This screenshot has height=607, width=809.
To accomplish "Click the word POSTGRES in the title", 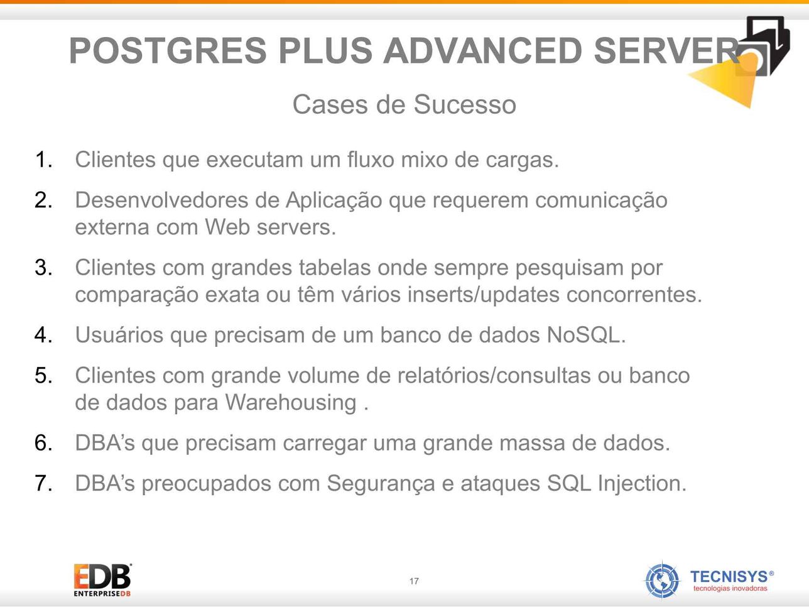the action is click(x=168, y=50).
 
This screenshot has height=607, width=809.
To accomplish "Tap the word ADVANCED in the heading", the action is click(x=483, y=50).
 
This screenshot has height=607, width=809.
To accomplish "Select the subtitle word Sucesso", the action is click(x=464, y=104).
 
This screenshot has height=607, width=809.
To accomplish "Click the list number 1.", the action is click(x=43, y=160).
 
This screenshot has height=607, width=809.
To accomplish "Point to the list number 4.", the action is click(x=43, y=335).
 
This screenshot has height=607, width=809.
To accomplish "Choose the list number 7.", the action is click(x=43, y=483).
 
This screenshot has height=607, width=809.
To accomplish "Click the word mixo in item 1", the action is click(x=424, y=160).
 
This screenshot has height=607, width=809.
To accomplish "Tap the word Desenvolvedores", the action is click(x=162, y=200).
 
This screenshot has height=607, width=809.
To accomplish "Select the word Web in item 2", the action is click(x=227, y=227).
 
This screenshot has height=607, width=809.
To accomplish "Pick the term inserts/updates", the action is click(x=484, y=295).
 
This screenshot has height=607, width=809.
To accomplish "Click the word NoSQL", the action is click(x=586, y=335).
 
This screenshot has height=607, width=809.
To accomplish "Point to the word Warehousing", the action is click(x=290, y=402).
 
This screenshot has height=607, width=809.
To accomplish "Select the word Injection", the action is click(x=642, y=483).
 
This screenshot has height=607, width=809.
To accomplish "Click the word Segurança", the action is click(x=381, y=483).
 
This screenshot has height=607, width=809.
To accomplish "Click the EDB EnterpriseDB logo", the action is click(x=102, y=580).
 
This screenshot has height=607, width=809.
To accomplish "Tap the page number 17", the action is click(x=414, y=581).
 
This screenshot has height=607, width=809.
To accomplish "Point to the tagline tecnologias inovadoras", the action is click(x=730, y=589).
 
